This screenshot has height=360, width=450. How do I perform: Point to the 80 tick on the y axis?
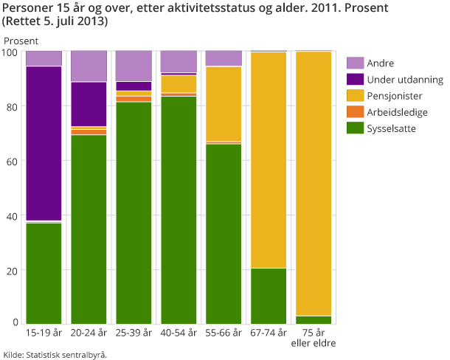(x=10, y=106)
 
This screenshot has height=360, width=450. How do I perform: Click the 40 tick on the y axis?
(x=10, y=216)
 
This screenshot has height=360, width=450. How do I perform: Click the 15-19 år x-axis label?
(x=44, y=333)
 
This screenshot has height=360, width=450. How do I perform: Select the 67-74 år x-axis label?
(x=269, y=333)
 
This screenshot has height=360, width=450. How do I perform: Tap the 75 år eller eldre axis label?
(x=314, y=339)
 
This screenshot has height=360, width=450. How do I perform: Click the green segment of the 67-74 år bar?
(x=269, y=296)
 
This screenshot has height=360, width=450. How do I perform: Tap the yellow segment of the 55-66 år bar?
(x=224, y=103)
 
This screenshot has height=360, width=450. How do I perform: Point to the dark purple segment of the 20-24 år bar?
(x=89, y=104)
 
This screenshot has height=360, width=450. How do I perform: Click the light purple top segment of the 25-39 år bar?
(x=134, y=66)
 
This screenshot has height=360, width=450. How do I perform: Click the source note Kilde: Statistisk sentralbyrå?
(x=55, y=354)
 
